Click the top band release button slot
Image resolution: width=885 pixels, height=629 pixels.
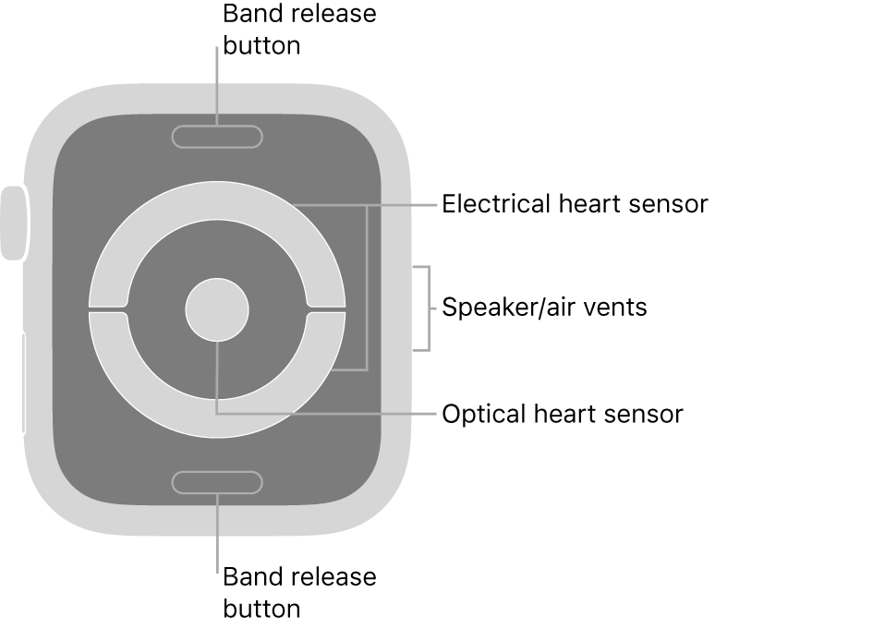tap(217, 137)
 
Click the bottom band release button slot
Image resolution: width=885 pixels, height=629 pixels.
tap(217, 482)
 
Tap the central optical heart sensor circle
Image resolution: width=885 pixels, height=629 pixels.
tap(217, 308)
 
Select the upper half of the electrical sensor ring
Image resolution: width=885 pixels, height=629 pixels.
tap(217, 201)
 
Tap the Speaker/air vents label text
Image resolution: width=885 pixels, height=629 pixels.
tap(544, 308)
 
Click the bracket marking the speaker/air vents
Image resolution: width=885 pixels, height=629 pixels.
tap(427, 308)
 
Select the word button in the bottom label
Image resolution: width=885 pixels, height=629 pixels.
tap(261, 609)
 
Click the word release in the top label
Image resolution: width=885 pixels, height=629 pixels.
tap(333, 16)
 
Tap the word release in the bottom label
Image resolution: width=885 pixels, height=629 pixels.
tap(333, 577)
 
